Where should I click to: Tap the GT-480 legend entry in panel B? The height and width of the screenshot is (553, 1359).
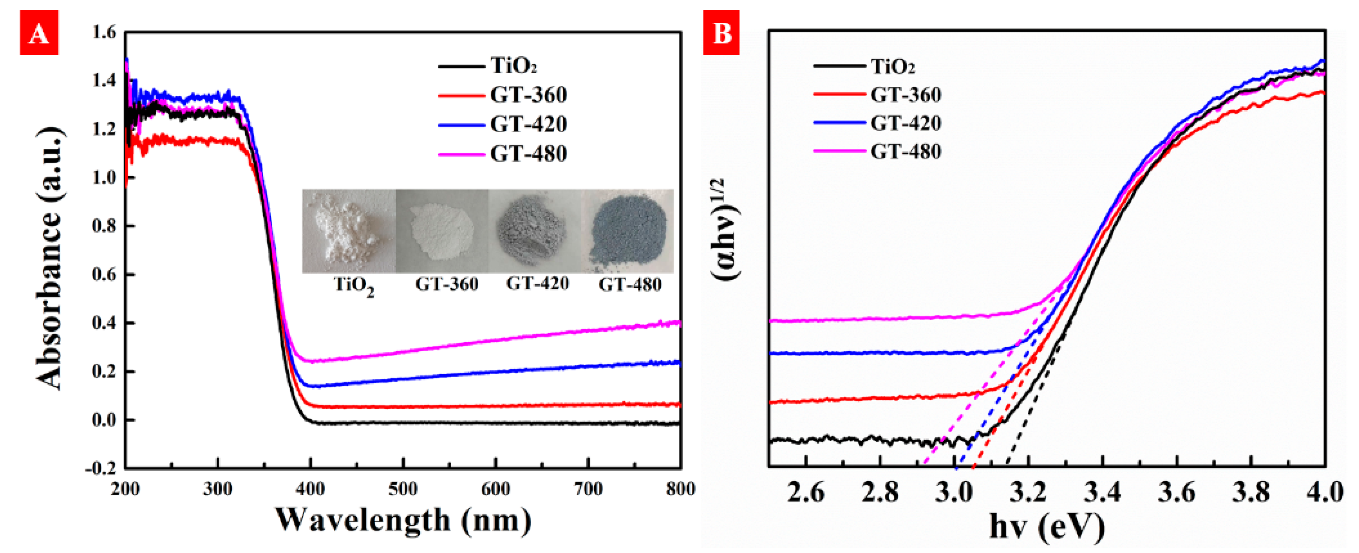pyautogui.click(x=905, y=151)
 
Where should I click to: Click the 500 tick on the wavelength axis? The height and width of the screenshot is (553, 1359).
pyautogui.click(x=403, y=489)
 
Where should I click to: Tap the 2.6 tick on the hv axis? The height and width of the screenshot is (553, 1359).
pyautogui.click(x=806, y=493)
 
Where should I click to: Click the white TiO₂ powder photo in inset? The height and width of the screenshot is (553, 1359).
pyautogui.click(x=348, y=231)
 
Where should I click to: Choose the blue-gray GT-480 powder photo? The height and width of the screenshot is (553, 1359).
pyautogui.click(x=628, y=231)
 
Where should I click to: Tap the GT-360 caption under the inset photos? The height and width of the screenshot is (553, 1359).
pyautogui.click(x=446, y=285)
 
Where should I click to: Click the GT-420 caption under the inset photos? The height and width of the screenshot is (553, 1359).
pyautogui.click(x=537, y=284)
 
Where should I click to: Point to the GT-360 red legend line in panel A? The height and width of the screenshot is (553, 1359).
pyautogui.click(x=461, y=95)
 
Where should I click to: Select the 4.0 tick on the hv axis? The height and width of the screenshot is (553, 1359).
pyautogui.click(x=1324, y=493)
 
